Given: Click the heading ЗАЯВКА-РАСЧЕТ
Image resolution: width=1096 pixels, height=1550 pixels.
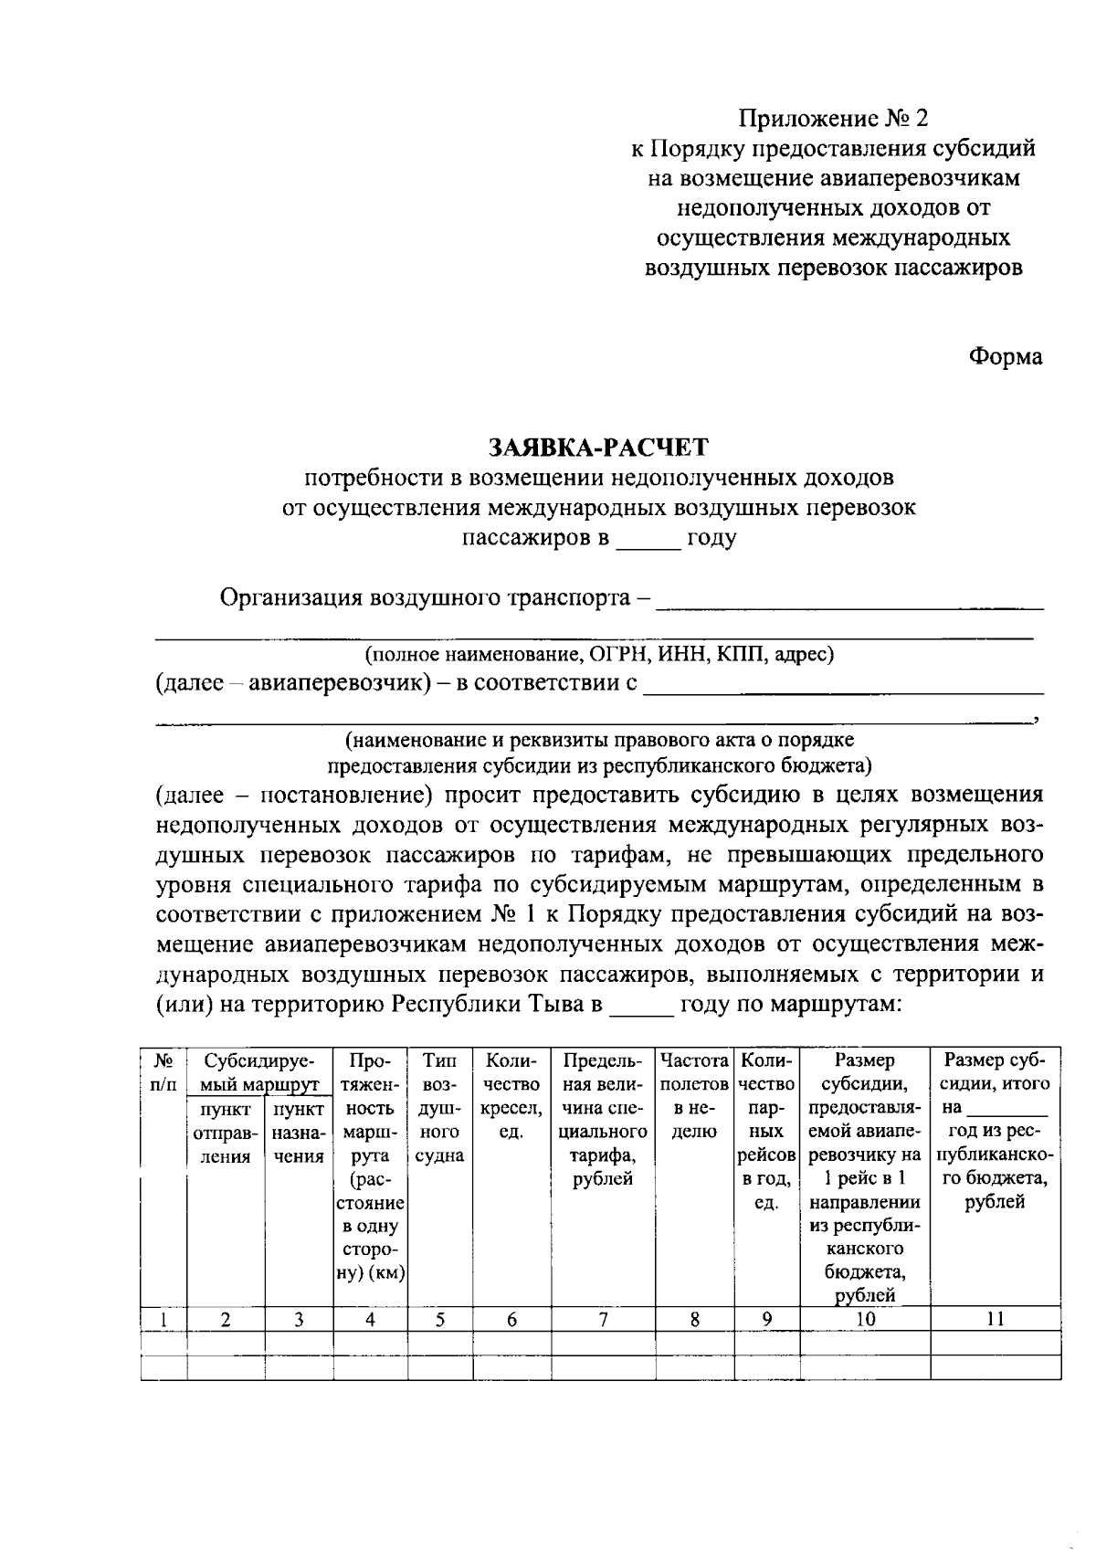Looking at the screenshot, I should click(598, 447).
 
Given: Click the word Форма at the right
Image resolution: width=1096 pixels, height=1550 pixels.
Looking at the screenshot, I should click(1005, 357).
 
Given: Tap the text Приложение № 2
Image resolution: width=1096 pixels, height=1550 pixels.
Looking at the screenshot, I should click(832, 118).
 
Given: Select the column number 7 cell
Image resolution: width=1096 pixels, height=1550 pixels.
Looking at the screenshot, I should click(603, 1319).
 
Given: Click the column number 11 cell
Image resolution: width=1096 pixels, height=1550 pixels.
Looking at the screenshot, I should click(996, 1319).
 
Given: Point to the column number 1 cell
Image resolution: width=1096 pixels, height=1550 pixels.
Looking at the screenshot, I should click(163, 1319).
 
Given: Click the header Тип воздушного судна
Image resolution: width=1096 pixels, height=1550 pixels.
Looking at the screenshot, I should click(440, 1108).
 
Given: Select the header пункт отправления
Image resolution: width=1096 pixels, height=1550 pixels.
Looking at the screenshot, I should click(226, 1133).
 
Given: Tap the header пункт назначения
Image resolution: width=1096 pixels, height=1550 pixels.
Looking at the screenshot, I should click(299, 1133).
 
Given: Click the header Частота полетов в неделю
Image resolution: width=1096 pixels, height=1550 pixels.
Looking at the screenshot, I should click(694, 1096).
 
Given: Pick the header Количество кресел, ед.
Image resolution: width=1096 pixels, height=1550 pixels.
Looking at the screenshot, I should click(511, 1096).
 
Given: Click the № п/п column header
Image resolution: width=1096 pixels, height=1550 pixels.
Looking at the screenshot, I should click(163, 1072).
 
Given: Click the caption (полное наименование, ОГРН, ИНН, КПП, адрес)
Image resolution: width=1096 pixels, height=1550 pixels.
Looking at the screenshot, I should click(599, 655).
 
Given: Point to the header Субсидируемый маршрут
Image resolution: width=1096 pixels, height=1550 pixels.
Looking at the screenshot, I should click(259, 1072).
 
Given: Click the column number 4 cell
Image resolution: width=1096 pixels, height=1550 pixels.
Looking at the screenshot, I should click(370, 1319).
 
